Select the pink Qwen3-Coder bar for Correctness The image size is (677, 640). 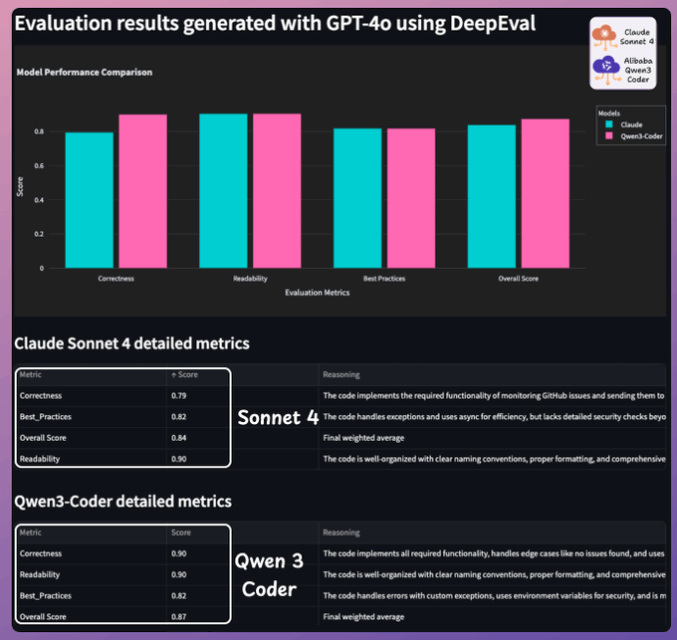click(x=142, y=190)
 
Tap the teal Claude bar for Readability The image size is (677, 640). click(x=223, y=190)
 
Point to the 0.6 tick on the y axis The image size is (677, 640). click(x=41, y=165)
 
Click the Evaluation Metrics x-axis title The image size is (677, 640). click(x=318, y=294)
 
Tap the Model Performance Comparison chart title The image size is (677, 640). click(x=85, y=72)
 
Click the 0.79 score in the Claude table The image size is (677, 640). click(x=179, y=396)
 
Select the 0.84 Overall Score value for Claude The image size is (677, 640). click(x=179, y=438)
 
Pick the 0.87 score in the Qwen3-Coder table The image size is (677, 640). click(x=179, y=616)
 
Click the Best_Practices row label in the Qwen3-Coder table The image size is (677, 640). click(x=45, y=595)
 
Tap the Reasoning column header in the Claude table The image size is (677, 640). click(x=341, y=375)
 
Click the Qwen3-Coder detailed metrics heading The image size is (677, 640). click(x=122, y=501)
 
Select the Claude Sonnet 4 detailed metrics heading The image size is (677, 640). click(x=131, y=343)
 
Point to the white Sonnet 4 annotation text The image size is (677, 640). click(x=278, y=418)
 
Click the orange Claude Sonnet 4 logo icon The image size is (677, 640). click(x=607, y=35)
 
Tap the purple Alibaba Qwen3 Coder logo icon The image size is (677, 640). click(x=607, y=69)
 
